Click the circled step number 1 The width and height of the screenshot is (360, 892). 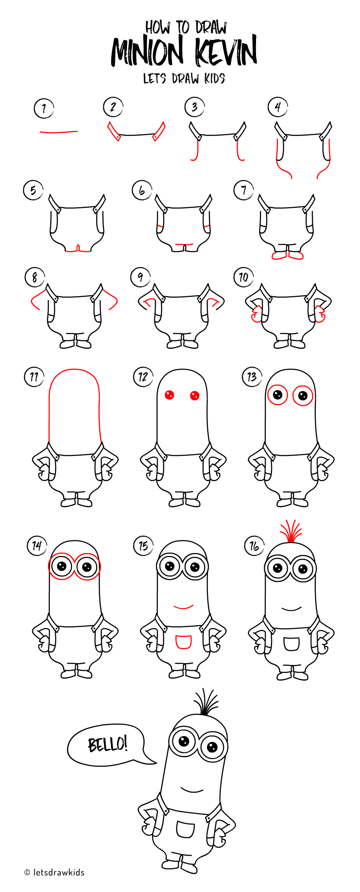pos(44,108)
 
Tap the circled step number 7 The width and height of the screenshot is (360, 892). pos(243,190)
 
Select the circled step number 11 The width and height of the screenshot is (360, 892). pos(34,377)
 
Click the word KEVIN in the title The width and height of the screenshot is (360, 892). pos(226,52)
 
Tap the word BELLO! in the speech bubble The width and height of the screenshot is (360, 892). pos(107,744)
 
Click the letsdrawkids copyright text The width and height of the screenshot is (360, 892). pos(55,872)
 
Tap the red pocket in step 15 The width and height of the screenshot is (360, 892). pos(183,642)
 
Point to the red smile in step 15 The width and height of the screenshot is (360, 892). pos(183,607)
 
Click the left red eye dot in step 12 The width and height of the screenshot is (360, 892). pos(169,395)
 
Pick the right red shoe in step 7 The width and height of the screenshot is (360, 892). pos(295,256)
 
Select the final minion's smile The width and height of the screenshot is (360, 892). pos(191,789)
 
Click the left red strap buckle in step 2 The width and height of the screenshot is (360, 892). pos(114,131)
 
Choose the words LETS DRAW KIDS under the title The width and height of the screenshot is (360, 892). pos(184,78)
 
